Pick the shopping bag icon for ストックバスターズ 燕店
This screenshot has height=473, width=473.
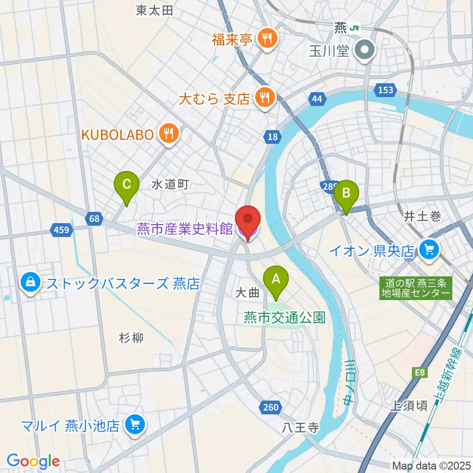[31, 283]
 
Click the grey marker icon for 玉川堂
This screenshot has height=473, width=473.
[366, 50]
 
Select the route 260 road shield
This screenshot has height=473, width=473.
[270, 407]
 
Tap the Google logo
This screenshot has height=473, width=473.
[33, 461]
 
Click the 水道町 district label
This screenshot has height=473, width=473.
[170, 185]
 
